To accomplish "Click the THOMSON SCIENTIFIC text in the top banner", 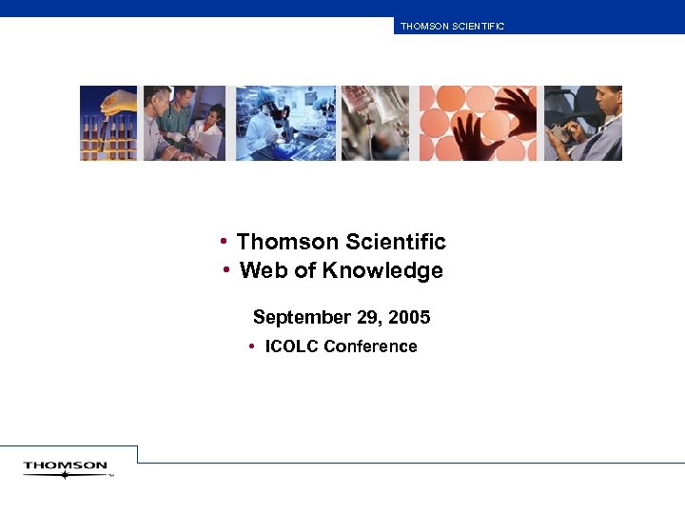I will point(452,27).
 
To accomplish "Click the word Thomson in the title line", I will point(281,242).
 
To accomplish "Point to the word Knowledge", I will point(382,270).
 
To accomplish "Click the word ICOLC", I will point(292,346).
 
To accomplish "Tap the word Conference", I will point(370,346).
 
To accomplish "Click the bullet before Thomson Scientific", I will point(222,240).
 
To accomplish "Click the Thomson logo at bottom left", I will point(66,467).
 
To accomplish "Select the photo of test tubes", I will point(108,123).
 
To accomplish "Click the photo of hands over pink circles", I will point(478,123).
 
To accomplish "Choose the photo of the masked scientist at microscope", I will point(284,123).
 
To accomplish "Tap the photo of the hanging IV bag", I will point(375,123).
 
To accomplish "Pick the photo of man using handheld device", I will point(582,123).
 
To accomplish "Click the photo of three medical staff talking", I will point(184,123).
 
